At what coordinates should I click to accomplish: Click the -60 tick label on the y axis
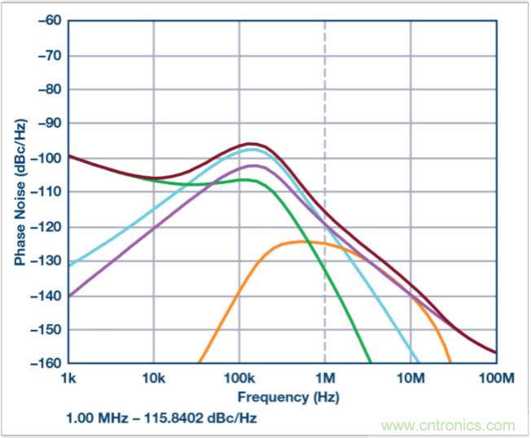tap(50, 21)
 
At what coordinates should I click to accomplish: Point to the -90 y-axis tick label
tap(50, 124)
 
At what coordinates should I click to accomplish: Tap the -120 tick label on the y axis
tap(47, 226)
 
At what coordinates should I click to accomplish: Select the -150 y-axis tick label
tap(47, 330)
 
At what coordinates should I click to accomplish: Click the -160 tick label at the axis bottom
tap(47, 363)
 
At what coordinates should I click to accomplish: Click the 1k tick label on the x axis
tap(68, 378)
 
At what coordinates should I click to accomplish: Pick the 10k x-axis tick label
tap(153, 378)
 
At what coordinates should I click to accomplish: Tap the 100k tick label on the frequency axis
tap(239, 378)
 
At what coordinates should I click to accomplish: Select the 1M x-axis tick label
tap(325, 378)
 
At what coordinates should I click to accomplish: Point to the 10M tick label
tap(410, 378)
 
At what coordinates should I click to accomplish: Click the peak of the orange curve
tap(305, 241)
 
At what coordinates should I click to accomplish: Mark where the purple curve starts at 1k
tap(69, 296)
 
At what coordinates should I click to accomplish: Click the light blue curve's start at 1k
tap(69, 265)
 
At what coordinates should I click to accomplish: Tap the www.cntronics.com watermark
tap(448, 426)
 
